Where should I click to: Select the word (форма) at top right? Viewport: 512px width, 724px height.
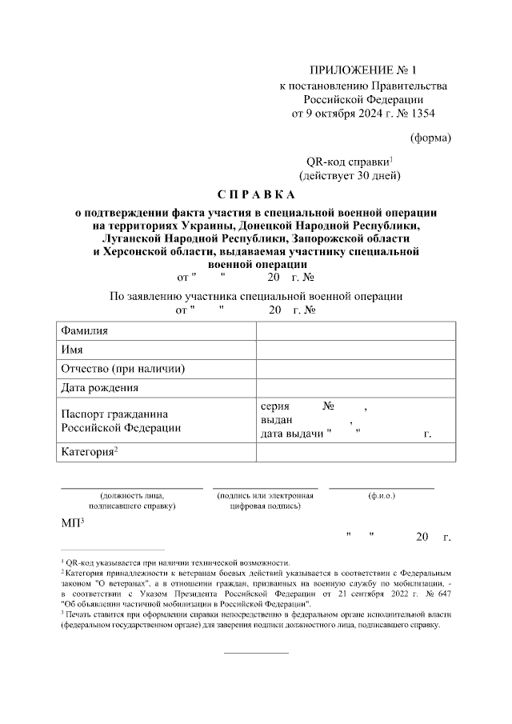coord(430,138)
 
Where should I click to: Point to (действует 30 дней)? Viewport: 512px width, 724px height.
coord(350,174)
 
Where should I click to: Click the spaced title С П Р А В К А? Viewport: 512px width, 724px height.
coord(256,195)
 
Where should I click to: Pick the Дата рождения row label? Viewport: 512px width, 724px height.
coord(100,388)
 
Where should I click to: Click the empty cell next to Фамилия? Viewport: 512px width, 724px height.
coord(356,331)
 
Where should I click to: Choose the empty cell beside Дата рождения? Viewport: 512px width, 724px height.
coord(356,388)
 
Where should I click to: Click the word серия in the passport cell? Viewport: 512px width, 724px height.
coord(275,406)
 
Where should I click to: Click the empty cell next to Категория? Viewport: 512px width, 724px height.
coord(356,453)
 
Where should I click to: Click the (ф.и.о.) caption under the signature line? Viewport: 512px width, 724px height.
coord(382,496)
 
